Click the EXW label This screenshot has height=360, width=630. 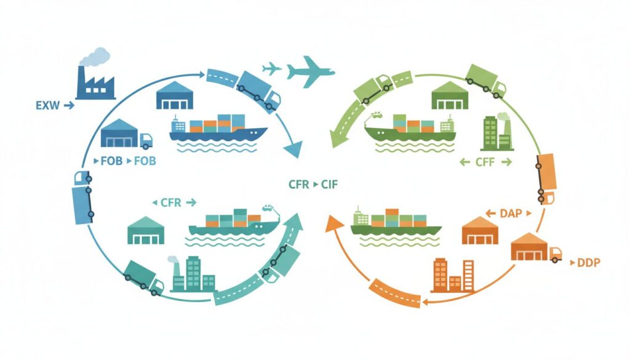click(46, 106)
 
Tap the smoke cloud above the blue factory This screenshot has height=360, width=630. click(95, 57)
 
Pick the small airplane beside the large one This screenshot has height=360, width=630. click(271, 68)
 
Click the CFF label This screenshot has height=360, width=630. click(485, 162)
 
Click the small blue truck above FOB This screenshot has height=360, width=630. click(146, 141)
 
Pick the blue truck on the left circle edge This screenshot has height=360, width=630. click(82, 197)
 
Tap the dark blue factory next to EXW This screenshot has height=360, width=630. click(95, 84)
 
